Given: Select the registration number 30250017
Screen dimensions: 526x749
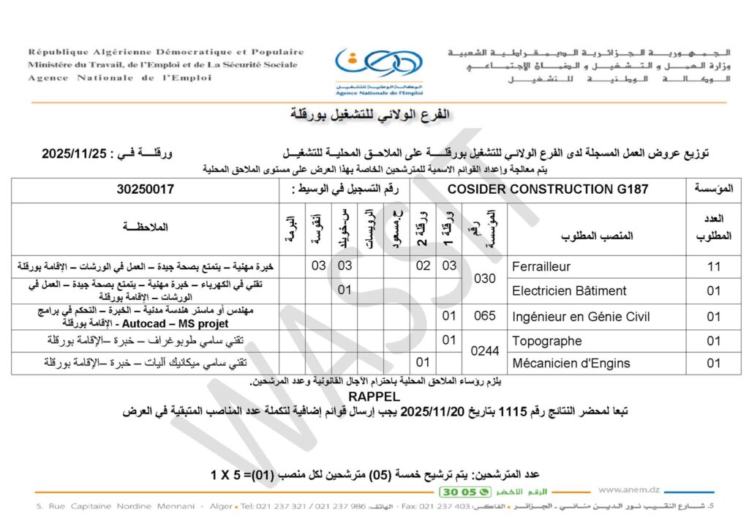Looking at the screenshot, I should (x=145, y=189).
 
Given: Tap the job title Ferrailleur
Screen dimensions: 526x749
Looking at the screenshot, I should (x=541, y=266).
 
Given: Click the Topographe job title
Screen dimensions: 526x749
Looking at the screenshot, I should (x=547, y=341).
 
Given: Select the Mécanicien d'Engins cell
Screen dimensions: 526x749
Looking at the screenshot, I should (x=571, y=363).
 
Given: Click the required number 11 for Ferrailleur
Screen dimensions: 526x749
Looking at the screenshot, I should (x=713, y=266).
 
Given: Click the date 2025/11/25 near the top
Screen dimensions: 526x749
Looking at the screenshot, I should (x=75, y=154).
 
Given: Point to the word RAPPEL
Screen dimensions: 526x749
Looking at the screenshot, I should (x=374, y=397).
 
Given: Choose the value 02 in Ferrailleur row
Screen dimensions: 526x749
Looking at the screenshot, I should (x=424, y=266).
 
